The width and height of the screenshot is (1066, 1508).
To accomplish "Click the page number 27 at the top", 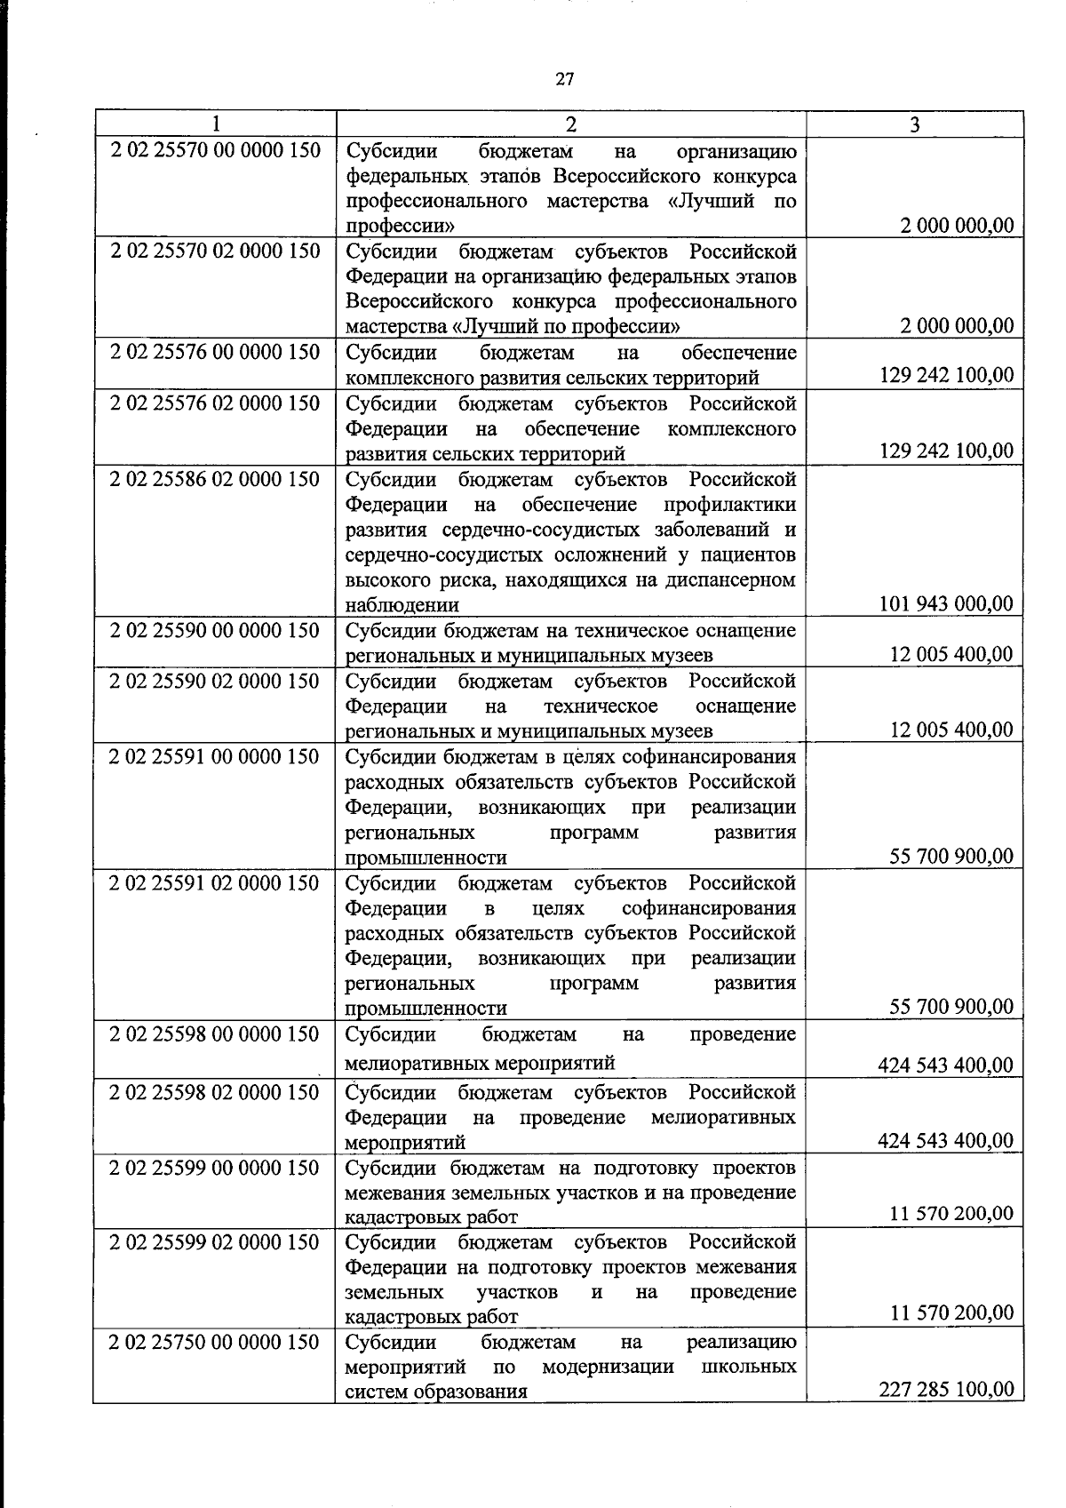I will point(564,79).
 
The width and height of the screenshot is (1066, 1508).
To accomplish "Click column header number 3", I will point(914,124).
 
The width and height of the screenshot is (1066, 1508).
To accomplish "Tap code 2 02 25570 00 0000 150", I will point(215,150).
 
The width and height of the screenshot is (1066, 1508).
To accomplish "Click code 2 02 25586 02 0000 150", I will point(215,479).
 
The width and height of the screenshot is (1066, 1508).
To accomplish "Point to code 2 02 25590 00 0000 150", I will point(215,630).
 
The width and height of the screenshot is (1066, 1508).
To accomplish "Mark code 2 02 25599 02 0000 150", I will point(215,1241).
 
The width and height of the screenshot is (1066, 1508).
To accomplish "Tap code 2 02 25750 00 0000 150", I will point(215,1342).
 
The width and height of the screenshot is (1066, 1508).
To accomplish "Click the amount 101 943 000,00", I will point(945,604).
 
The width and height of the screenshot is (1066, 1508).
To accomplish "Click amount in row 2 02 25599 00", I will point(951,1212).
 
